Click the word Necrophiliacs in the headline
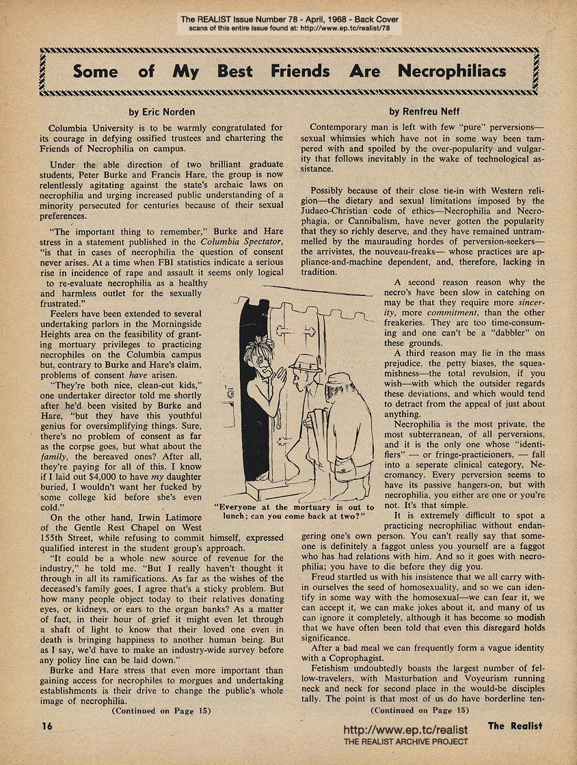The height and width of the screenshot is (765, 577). (x=453, y=71)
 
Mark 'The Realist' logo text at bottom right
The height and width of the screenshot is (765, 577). (x=515, y=725)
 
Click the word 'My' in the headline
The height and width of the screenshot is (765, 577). (x=185, y=71)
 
